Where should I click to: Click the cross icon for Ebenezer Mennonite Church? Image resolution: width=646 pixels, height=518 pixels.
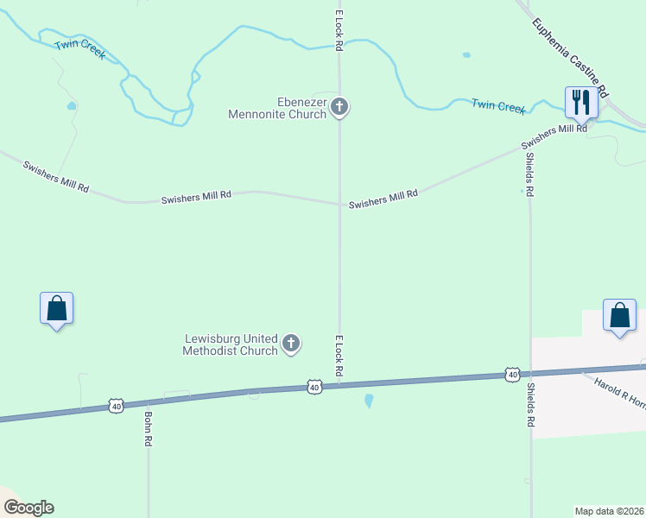point(339,108)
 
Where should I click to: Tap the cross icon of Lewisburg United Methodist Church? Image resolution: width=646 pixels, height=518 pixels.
point(291,344)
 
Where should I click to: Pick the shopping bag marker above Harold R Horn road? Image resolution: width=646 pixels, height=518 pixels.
point(619,315)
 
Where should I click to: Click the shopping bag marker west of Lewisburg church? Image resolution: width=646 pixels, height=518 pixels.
point(56,308)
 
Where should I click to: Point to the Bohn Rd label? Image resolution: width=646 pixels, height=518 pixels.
point(149,428)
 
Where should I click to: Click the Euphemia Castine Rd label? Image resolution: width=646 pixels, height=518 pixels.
point(571,58)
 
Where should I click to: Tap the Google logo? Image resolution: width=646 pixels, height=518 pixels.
point(28,508)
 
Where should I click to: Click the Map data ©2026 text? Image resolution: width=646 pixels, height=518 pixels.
point(610,511)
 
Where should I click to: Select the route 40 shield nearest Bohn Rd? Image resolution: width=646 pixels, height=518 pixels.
point(117,405)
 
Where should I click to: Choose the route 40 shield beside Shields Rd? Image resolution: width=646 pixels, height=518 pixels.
point(512,375)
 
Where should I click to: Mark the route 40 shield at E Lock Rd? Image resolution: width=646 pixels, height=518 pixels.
point(314,388)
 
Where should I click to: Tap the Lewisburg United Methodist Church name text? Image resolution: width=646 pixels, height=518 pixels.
point(231,344)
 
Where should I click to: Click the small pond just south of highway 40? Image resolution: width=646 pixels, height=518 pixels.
point(370,401)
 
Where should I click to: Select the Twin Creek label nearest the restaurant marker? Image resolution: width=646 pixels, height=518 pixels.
point(498,106)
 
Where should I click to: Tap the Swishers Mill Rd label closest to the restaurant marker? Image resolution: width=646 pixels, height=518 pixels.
point(554,137)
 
